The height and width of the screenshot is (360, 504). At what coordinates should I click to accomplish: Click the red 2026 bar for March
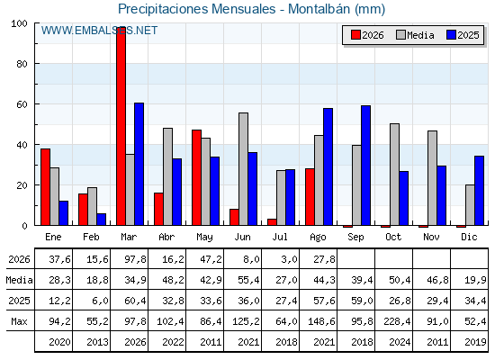[x=121, y=126]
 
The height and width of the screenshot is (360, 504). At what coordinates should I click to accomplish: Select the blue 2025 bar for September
[x=365, y=166]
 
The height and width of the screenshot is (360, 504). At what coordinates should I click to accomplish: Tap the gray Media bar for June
[x=243, y=169]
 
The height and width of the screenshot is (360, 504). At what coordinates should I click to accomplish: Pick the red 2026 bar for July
[x=272, y=222]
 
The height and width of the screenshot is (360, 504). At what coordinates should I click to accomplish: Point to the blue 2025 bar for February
[x=101, y=220]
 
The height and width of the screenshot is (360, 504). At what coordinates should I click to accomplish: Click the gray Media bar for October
[x=395, y=175]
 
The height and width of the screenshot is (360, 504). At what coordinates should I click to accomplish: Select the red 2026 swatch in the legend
[x=355, y=35]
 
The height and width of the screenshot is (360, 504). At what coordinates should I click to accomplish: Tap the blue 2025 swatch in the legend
[x=452, y=35]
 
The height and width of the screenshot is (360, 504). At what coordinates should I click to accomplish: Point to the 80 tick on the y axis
[x=22, y=64]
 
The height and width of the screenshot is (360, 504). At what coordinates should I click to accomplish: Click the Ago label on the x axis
[x=318, y=238]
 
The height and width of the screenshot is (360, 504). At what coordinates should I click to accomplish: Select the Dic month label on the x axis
[x=469, y=237]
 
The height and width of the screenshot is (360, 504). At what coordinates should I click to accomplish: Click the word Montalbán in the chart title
[x=319, y=9]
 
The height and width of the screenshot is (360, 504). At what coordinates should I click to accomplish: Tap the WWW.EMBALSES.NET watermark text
[x=99, y=31]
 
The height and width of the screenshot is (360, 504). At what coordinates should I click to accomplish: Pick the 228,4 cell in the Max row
[x=397, y=321]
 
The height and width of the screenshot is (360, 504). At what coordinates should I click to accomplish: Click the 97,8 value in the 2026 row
[x=135, y=259]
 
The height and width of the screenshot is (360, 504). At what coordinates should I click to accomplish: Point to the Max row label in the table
[x=19, y=321]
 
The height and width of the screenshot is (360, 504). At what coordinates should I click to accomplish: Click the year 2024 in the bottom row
[x=400, y=342]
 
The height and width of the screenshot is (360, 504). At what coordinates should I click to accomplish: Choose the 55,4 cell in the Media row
[x=248, y=280]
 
